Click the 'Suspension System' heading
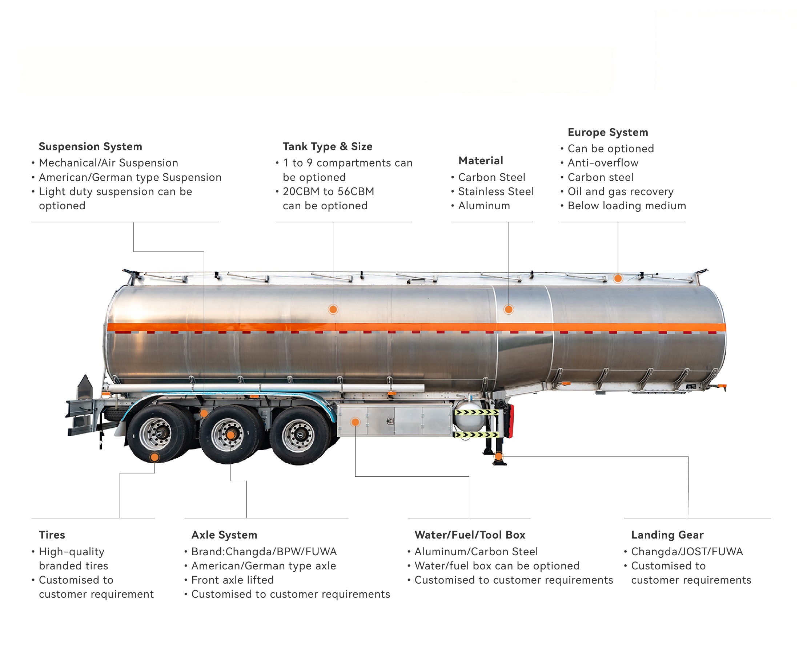click(90, 146)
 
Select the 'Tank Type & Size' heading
click(327, 146)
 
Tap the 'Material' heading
click(481, 161)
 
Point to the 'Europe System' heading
click(607, 133)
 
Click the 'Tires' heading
click(52, 535)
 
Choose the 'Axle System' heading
click(224, 535)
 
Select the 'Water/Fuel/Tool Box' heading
click(470, 535)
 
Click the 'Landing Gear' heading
click(667, 535)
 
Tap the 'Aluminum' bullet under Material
click(484, 206)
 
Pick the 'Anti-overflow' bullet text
click(603, 163)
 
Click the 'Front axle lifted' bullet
click(232, 580)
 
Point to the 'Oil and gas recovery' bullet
click(621, 192)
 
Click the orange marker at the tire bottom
click(154, 457)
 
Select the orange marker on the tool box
click(356, 422)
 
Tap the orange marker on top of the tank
click(618, 279)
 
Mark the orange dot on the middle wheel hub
click(230, 435)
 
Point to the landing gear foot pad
click(499, 463)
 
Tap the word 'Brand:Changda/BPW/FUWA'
click(264, 552)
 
